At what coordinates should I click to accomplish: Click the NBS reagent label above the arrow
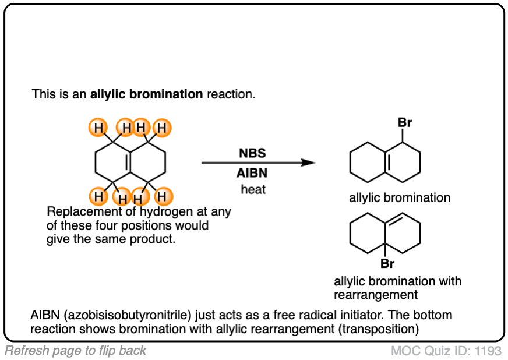coord(252,154)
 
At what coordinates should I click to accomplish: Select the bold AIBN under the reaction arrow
coord(252,173)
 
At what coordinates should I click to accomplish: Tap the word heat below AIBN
coord(253,189)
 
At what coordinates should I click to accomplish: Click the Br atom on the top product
coord(405,123)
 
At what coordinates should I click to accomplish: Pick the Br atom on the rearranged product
coord(387,263)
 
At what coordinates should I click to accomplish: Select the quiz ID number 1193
coord(489,351)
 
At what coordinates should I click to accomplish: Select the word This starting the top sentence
coord(43,94)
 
